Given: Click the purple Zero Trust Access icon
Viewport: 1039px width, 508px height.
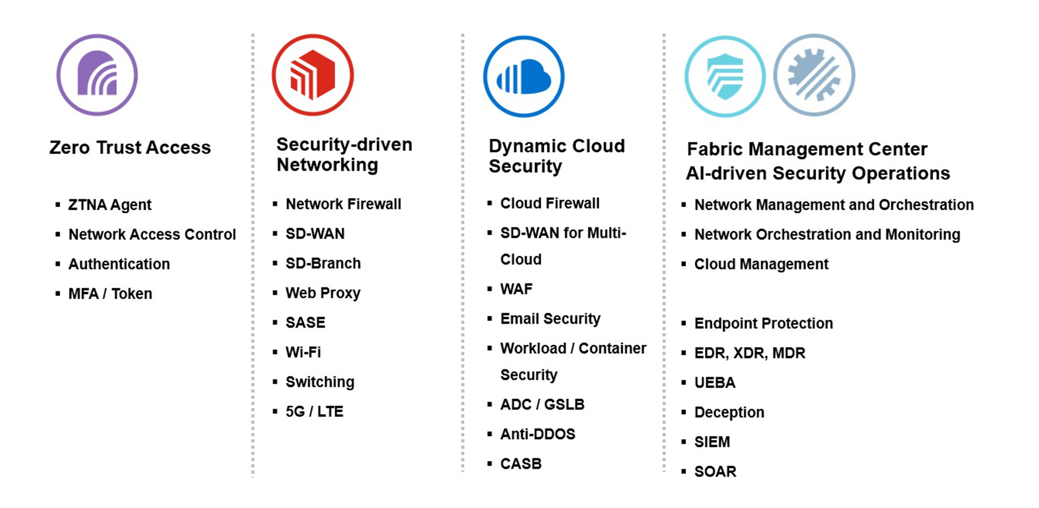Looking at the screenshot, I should coord(97,75).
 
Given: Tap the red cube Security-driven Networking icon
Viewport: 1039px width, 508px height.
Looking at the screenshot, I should coord(313,75).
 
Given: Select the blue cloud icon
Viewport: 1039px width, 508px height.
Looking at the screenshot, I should coord(524,76).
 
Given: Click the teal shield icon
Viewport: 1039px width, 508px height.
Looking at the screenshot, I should coord(725,76).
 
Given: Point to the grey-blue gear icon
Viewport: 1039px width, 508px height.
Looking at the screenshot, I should coord(814,75).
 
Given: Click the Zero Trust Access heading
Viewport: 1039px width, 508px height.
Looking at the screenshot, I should coord(130,148).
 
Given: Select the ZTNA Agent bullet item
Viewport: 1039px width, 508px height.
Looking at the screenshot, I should coord(109,205).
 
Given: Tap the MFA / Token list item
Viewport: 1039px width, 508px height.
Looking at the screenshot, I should coord(110,294).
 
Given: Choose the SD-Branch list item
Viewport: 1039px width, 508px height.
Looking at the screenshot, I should coord(323,263).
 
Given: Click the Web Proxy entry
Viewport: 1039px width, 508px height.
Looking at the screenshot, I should coord(323,293).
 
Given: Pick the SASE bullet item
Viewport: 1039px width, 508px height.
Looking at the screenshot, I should coord(305,323).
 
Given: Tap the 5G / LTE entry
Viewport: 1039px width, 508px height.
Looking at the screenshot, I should coord(314,412).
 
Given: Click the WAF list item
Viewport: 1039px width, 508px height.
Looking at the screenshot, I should coord(516,289).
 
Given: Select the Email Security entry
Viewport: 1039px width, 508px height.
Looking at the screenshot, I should coord(550,319).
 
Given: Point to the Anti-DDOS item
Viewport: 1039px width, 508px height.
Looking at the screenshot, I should coord(538,434).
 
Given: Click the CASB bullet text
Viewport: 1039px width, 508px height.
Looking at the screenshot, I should coord(521,464).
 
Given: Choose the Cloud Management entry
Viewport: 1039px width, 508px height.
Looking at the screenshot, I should coord(761,264).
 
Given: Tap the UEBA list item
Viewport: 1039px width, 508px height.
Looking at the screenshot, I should coord(714,383).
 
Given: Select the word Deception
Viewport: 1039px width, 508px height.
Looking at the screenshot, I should coord(729,412).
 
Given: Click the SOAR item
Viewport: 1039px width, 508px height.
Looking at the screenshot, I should coord(715,472).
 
